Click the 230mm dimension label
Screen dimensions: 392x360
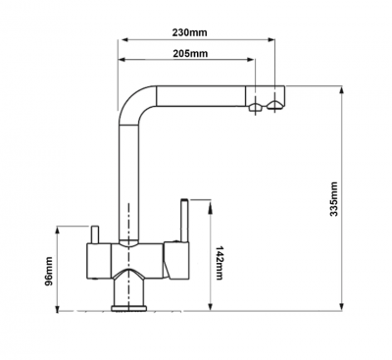coord(189,32)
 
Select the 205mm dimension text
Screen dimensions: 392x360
coord(190,53)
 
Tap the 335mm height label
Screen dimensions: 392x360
coord(333,199)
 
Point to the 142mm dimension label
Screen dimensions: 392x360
coord(220,263)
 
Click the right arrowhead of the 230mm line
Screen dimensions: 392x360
coord(270,40)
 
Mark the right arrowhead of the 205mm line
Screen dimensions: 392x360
coord(251,60)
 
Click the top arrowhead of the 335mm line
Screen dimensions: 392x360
coord(342,90)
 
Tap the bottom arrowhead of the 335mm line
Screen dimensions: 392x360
coord(342,306)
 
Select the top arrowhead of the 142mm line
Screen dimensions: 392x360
coord(211,203)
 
